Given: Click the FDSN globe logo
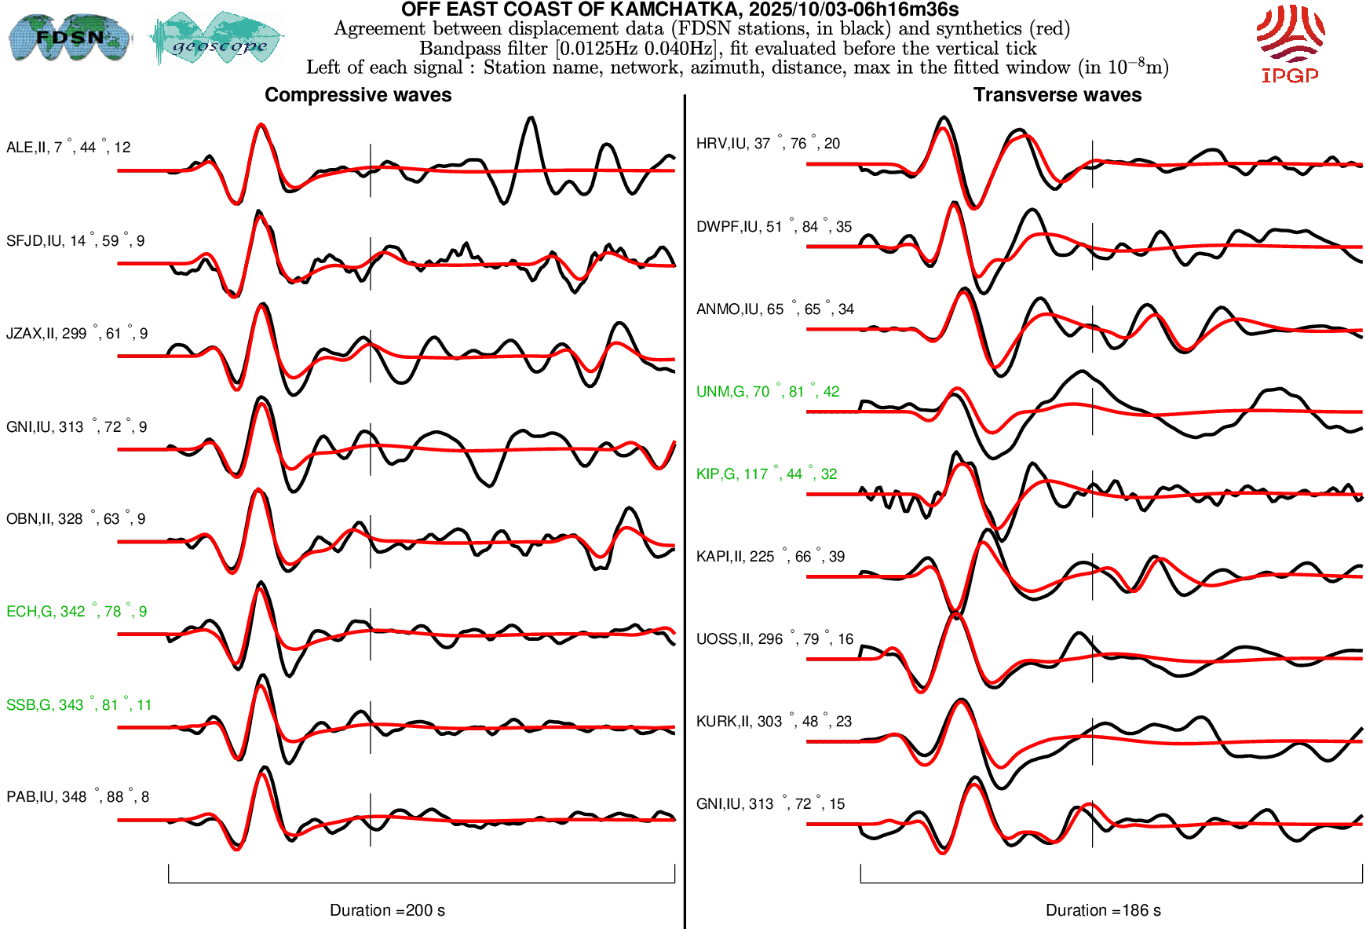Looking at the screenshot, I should (x=70, y=37).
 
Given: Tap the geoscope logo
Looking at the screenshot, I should (x=217, y=38).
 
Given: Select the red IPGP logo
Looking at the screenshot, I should (x=1290, y=43).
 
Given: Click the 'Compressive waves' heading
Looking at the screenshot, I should (x=358, y=95).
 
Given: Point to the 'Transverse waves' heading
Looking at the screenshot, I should (x=1057, y=95).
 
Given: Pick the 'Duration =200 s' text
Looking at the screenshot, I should (x=387, y=910).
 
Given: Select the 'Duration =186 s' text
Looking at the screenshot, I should (x=1103, y=910).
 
